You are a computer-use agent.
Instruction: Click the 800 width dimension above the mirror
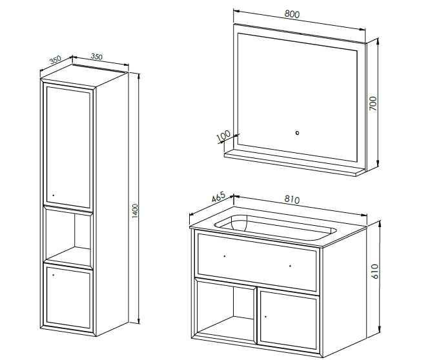pyautogui.click(x=292, y=14)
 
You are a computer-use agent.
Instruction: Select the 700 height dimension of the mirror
pyautogui.click(x=373, y=104)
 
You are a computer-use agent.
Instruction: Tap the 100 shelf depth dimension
pyautogui.click(x=223, y=137)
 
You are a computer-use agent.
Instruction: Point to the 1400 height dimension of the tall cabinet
pyautogui.click(x=135, y=211)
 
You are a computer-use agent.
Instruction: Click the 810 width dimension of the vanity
pyautogui.click(x=292, y=199)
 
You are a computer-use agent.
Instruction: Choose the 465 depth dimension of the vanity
pyautogui.click(x=218, y=197)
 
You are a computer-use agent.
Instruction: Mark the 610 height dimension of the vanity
pyautogui.click(x=375, y=271)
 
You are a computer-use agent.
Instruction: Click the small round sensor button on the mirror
pyautogui.click(x=297, y=133)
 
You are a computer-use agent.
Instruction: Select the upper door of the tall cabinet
pyautogui.click(x=68, y=146)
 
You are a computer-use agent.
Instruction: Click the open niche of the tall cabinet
pyautogui.click(x=68, y=236)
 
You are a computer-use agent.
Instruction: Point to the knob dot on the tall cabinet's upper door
pyautogui.click(x=53, y=195)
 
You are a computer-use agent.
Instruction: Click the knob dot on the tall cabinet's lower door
pyautogui.click(x=53, y=275)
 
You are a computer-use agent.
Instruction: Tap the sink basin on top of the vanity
pyautogui.click(x=275, y=226)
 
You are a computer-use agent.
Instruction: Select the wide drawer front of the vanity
pyautogui.click(x=258, y=262)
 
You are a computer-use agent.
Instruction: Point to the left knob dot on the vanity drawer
pyautogui.click(x=225, y=256)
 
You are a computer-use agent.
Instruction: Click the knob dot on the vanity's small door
pyautogui.click(x=265, y=317)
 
